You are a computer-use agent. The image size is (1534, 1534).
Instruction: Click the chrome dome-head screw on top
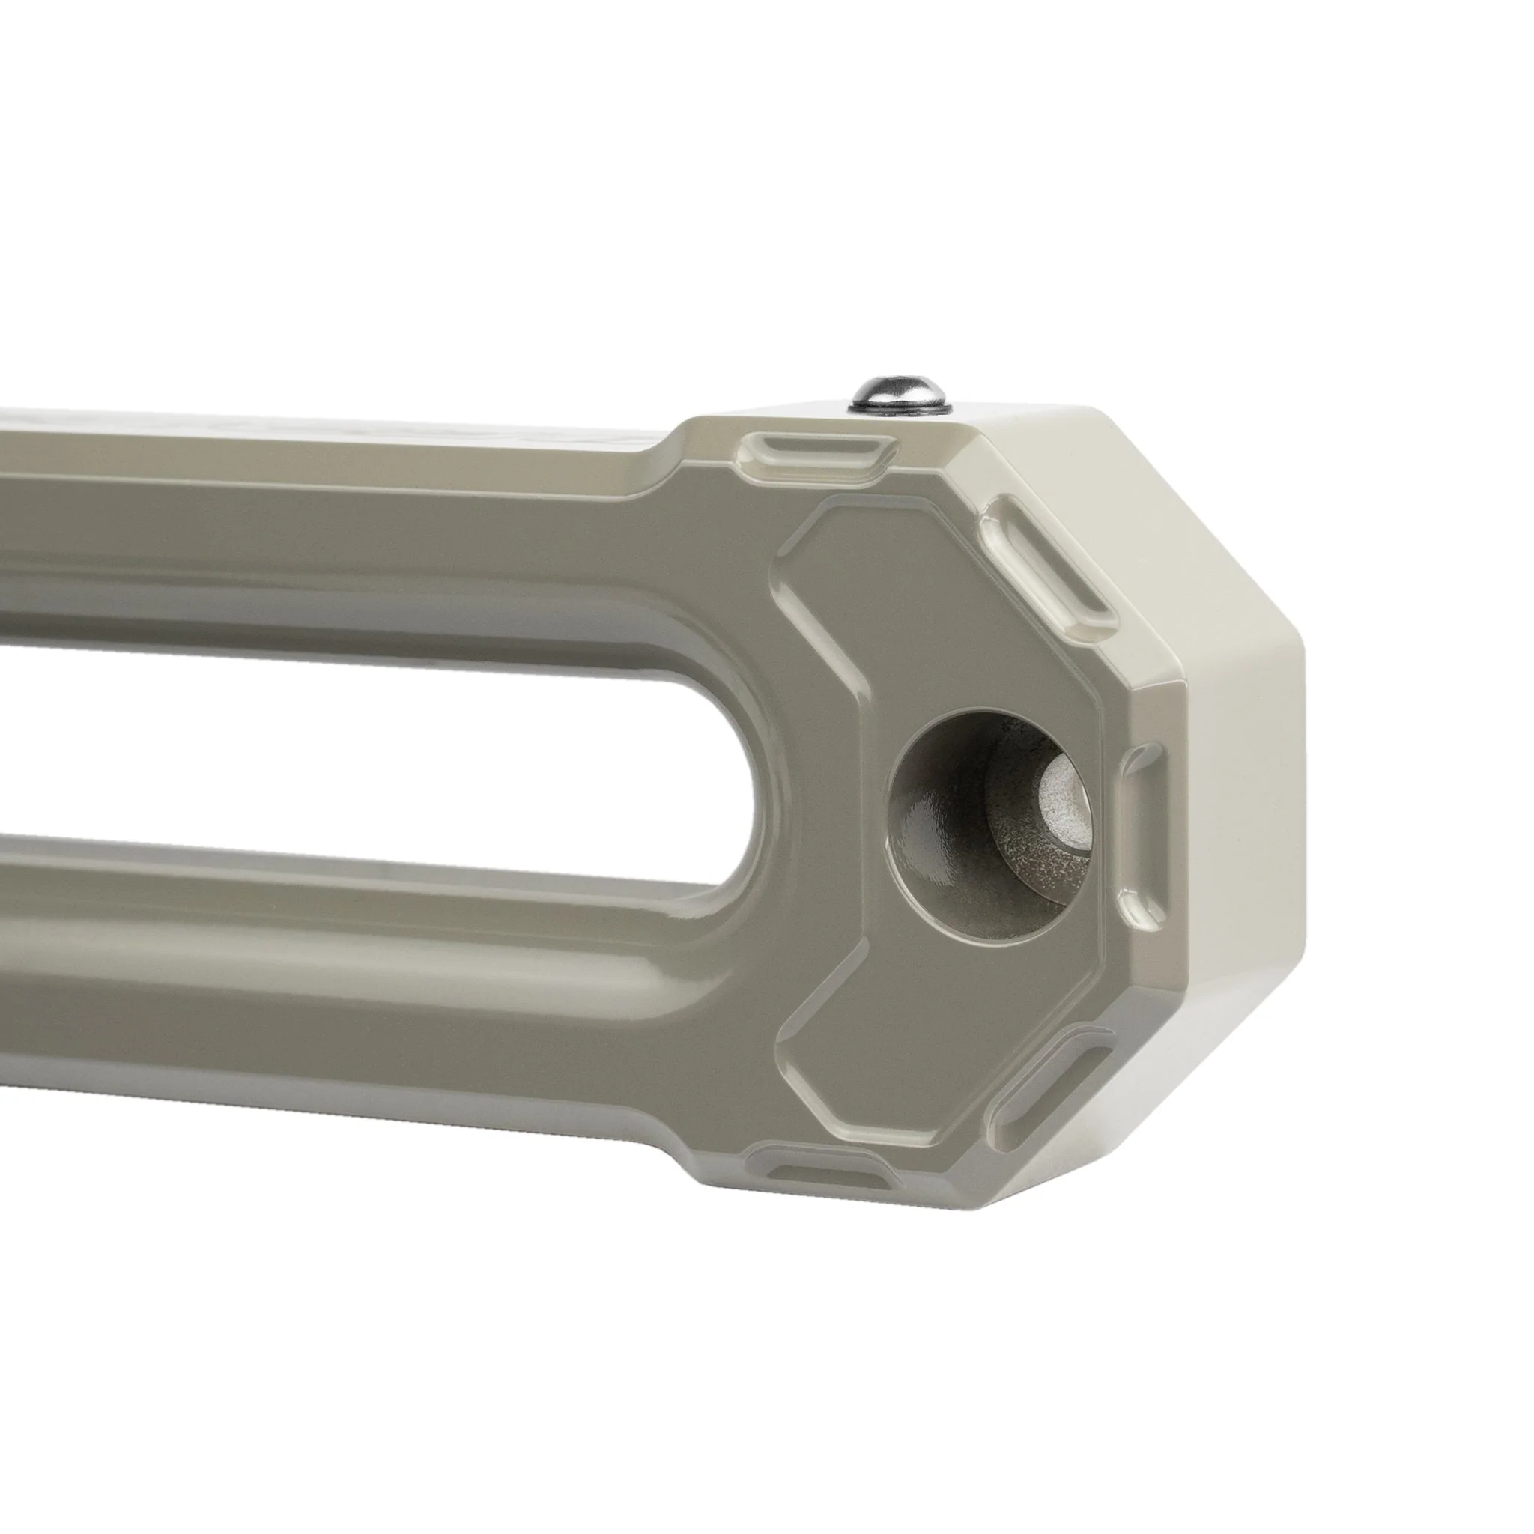(900, 392)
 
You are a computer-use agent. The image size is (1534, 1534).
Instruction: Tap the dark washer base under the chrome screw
(900, 407)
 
